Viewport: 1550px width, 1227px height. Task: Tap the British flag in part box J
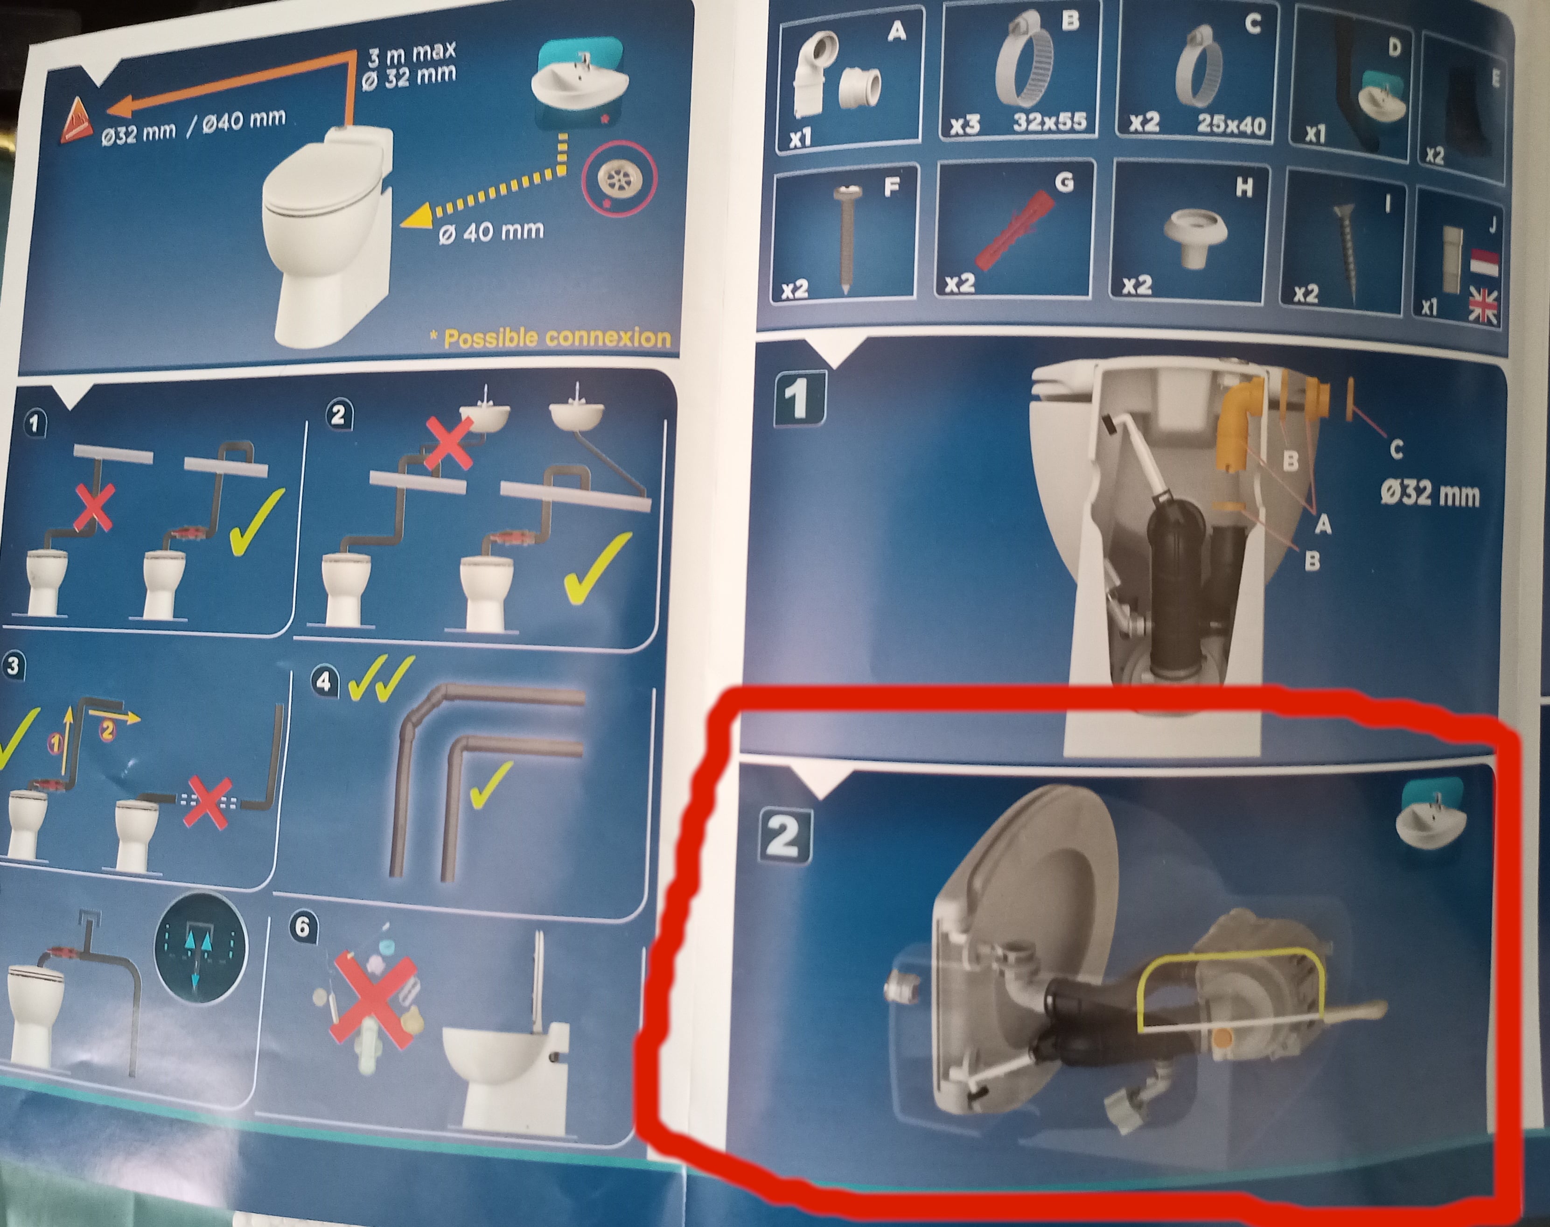[x=1482, y=307]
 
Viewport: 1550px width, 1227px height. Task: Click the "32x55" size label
[x=1049, y=121]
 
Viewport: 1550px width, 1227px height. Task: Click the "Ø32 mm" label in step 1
[x=1429, y=494]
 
